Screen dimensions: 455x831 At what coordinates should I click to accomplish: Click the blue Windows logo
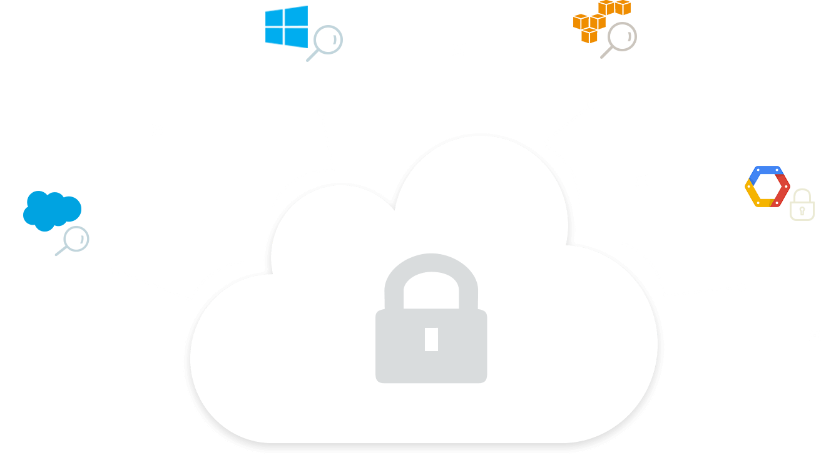pyautogui.click(x=287, y=26)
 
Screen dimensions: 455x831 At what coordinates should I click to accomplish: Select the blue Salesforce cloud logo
pyautogui.click(x=51, y=208)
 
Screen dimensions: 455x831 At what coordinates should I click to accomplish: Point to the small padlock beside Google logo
pyautogui.click(x=802, y=205)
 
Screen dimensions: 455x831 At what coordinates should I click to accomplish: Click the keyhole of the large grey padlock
pyautogui.click(x=431, y=339)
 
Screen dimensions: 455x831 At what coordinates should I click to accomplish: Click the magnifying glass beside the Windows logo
pyautogui.click(x=326, y=42)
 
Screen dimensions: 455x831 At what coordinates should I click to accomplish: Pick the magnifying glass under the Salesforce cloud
pyautogui.click(x=74, y=240)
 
